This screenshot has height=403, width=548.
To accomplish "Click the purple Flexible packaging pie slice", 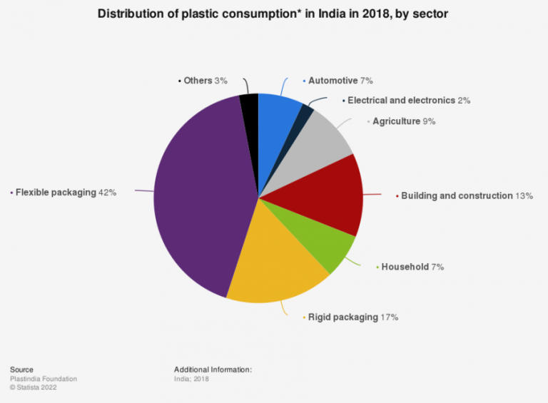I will click(200, 200).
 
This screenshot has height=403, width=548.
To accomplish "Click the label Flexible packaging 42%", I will click(65, 192).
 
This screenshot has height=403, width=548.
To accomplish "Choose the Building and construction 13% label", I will click(467, 195).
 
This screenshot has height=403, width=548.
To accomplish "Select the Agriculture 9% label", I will click(404, 121).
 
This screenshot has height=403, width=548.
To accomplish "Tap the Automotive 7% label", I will click(340, 81).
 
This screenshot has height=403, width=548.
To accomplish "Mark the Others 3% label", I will click(205, 81).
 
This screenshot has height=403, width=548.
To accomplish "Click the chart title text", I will click(273, 14).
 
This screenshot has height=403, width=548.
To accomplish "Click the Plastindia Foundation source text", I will click(44, 379).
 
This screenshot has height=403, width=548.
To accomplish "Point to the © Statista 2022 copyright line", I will click(34, 388).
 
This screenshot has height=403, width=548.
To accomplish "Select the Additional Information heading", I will click(213, 369).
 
